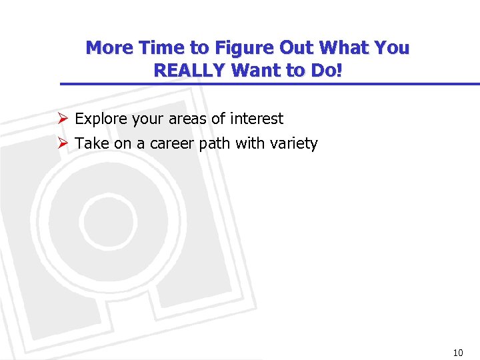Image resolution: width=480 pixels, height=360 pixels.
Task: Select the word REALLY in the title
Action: click(187, 70)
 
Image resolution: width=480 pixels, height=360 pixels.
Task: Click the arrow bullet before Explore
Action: click(62, 119)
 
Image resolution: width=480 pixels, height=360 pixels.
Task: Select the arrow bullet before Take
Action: click(62, 143)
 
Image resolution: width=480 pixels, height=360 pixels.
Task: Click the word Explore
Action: click(101, 119)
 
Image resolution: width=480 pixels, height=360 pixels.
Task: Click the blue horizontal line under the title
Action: click(267, 84)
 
